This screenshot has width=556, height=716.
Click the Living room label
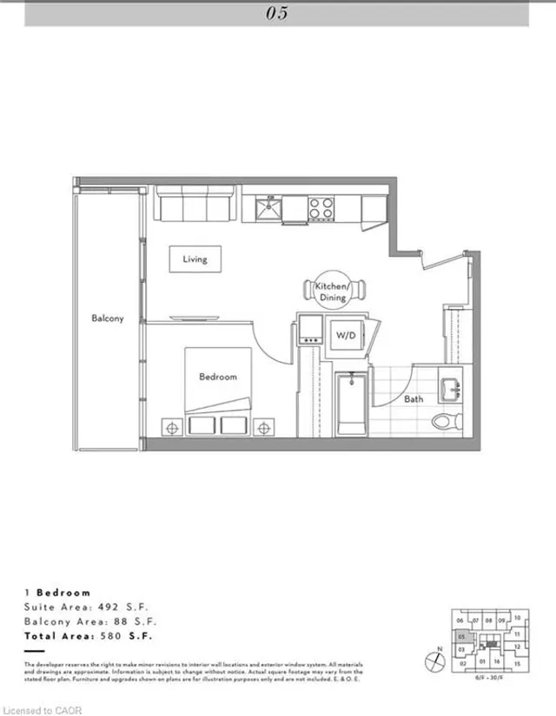tap(194, 259)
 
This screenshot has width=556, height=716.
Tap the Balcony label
tap(108, 319)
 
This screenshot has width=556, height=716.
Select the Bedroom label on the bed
tap(217, 377)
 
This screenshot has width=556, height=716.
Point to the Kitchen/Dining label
tap(332, 292)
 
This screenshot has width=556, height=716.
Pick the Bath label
tap(413, 399)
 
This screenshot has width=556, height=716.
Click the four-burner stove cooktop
tap(321, 208)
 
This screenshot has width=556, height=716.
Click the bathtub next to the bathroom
tap(352, 404)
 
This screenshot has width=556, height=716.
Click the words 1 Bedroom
tap(57, 592)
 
